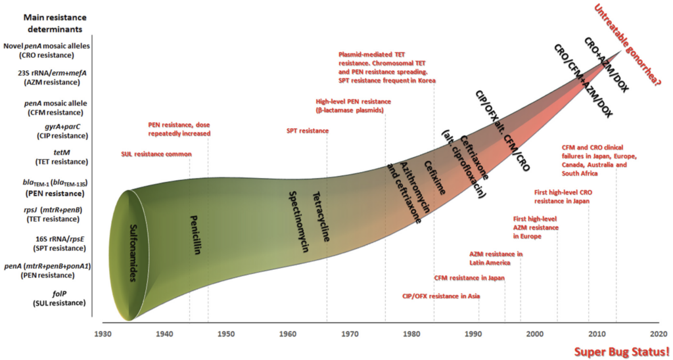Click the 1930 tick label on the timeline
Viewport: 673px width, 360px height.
[103, 334]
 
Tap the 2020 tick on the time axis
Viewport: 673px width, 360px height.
[658, 334]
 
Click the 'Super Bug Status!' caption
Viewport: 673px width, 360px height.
[622, 351]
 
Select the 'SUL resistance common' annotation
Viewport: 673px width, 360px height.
[156, 154]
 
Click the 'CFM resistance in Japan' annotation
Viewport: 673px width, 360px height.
[469, 278]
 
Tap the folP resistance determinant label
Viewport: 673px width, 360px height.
[59, 298]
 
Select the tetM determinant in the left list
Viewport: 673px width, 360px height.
[59, 156]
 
